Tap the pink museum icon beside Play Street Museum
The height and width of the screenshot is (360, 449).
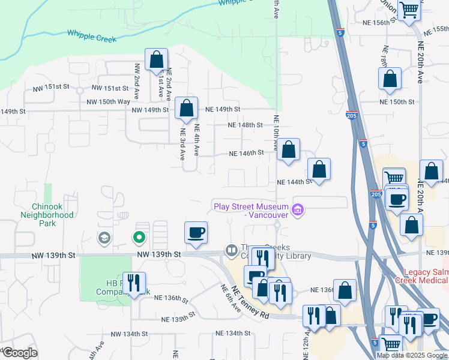point(298,209)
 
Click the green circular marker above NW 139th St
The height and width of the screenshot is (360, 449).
point(139,238)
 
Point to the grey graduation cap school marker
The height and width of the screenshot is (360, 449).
point(104,238)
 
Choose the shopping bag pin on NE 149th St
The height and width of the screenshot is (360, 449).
point(187,109)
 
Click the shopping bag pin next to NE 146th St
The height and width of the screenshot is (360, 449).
point(289,149)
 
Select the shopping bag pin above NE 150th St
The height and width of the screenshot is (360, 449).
point(390,79)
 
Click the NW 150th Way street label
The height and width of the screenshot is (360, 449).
point(108,102)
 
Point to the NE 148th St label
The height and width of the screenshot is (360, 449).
point(246,125)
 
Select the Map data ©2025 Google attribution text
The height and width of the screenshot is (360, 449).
point(412,355)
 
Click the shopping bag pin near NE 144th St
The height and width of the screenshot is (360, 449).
point(319,169)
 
